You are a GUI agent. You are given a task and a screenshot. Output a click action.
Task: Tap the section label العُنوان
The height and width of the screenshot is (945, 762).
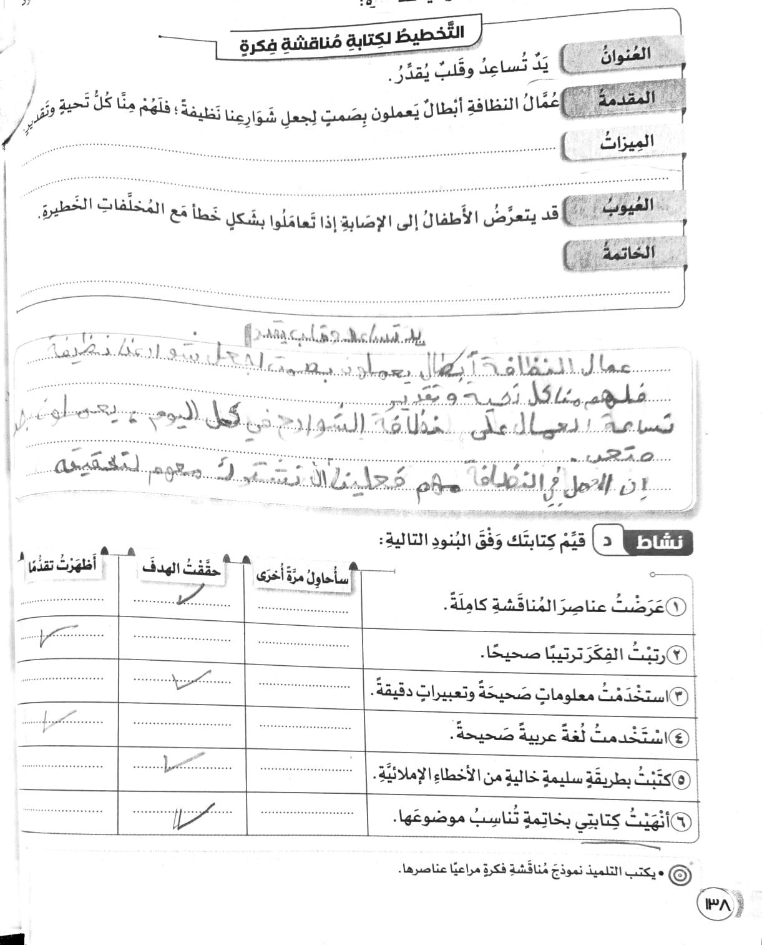tap(625, 57)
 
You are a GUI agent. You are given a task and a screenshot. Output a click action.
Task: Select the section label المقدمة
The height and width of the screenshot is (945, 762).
tap(626, 99)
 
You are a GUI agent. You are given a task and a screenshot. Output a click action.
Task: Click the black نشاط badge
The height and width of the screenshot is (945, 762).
tap(658, 542)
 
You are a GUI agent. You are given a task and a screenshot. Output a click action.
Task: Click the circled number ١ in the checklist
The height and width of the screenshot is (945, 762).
tap(676, 606)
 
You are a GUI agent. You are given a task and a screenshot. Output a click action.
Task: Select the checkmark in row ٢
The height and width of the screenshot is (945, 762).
tap(56, 636)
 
